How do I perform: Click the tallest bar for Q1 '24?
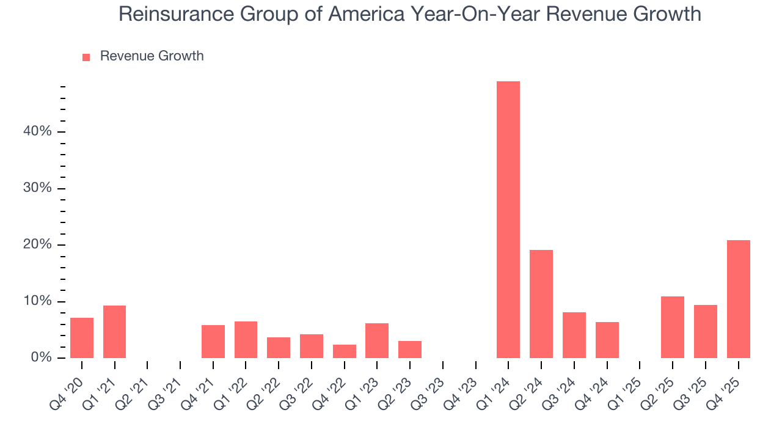[x=508, y=219]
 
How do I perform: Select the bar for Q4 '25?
[x=738, y=299]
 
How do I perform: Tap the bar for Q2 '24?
[x=541, y=304]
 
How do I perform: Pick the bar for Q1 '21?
[x=114, y=332]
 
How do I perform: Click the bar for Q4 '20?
[x=82, y=338]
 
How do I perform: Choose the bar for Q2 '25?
[x=673, y=327]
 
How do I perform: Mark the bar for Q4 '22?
[x=344, y=351]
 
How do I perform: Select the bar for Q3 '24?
[x=574, y=335]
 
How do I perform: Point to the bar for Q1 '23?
[x=377, y=340]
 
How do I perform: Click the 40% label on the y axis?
[x=37, y=132]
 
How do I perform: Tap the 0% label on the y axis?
[x=41, y=358]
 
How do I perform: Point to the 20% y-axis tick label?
[x=37, y=245]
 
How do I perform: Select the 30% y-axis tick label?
[x=37, y=188]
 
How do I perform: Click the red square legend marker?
[x=86, y=57]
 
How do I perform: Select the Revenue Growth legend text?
[x=152, y=56]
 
